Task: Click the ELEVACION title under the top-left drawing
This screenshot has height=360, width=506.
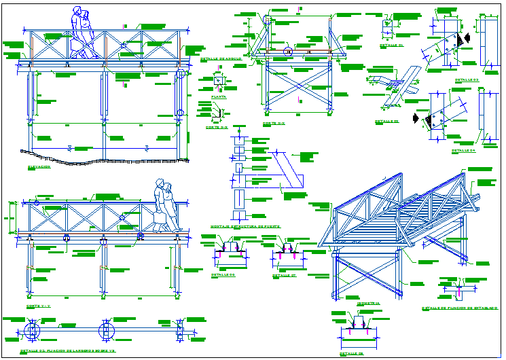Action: coord(39,166)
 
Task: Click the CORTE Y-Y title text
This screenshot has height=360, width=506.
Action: coord(39,306)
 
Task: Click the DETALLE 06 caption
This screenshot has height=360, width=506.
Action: coord(223,275)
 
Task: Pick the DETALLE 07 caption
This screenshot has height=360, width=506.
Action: coord(284,276)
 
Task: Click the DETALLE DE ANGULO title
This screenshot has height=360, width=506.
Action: coord(221,59)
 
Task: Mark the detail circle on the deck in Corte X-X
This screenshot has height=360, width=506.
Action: coord(287,51)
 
